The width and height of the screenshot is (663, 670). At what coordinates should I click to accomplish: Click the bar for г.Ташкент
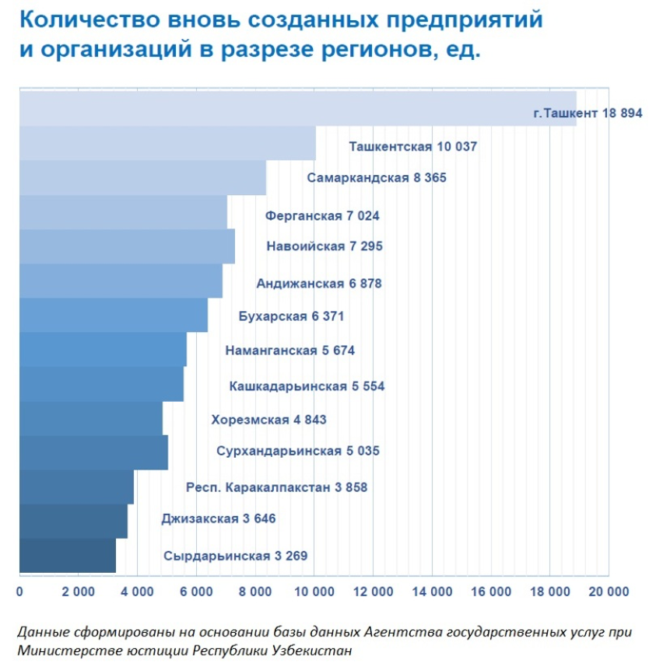pos(296,109)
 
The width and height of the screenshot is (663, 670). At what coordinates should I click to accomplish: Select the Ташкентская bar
pos(167,143)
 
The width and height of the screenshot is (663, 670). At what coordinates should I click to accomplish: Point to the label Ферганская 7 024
pos(322,215)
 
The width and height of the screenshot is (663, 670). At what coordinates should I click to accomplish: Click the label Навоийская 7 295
pos(324,246)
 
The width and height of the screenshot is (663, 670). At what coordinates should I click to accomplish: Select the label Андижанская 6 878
pos(319,284)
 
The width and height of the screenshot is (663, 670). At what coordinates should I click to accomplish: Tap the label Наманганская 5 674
pos(289,351)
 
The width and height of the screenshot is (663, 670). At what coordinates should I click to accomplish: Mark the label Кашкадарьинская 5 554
pos(307,386)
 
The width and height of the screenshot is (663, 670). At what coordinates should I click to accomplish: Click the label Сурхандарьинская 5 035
pos(298,451)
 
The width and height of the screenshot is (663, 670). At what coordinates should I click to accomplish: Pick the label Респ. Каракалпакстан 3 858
pos(276,488)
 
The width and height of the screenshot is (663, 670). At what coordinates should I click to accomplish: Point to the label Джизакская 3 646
pos(219,518)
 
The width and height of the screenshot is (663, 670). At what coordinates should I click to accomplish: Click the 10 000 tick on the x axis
pos(314,591)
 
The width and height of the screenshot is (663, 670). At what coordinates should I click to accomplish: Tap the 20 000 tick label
pos(607,591)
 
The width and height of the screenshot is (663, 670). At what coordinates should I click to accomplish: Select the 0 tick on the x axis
pos(19,591)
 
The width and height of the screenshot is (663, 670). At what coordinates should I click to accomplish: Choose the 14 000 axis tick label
pos(431,591)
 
